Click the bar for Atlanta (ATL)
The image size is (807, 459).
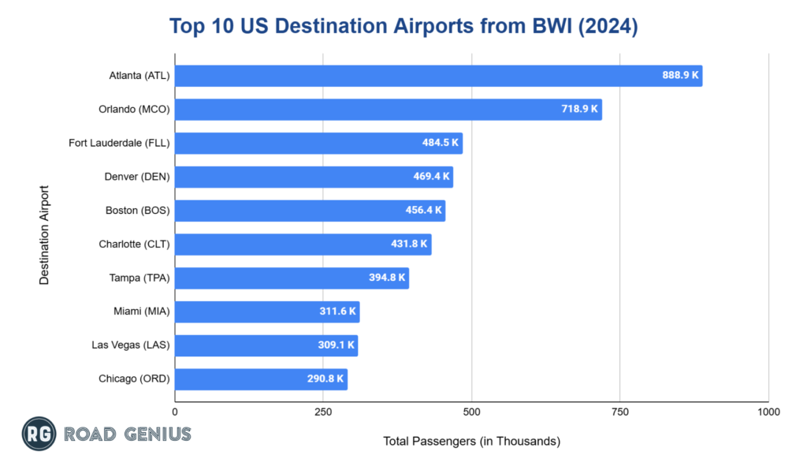410,76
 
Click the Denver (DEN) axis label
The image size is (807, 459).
137,177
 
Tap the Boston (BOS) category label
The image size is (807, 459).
137,211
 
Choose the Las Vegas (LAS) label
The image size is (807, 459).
132,345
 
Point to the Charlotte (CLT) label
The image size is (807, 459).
134,244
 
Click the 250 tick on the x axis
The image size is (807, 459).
323,412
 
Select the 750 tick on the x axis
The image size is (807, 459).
620,412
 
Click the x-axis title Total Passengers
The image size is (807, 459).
471,441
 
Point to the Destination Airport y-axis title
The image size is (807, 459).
44,235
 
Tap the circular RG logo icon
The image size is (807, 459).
37,434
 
